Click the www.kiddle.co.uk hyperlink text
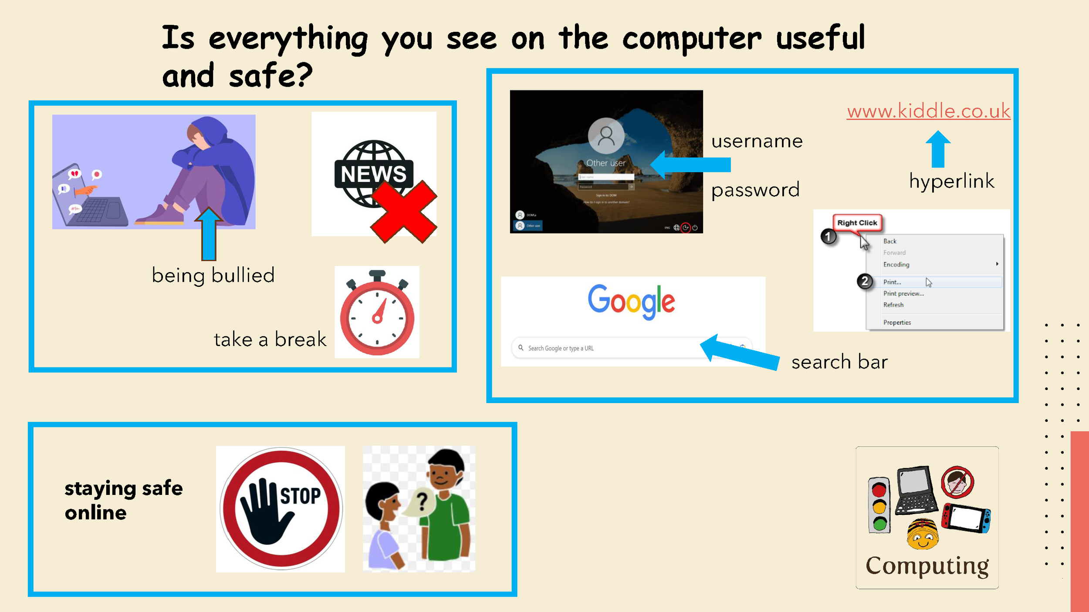928,111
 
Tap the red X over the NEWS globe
404,212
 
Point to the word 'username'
757,141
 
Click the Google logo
631,301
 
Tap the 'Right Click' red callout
857,223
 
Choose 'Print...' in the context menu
892,282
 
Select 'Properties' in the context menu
897,323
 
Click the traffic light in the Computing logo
879,505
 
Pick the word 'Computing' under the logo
927,565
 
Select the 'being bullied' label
213,276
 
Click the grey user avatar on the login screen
605,136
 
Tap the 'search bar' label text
839,362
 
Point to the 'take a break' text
270,340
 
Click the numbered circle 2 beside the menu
865,282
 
